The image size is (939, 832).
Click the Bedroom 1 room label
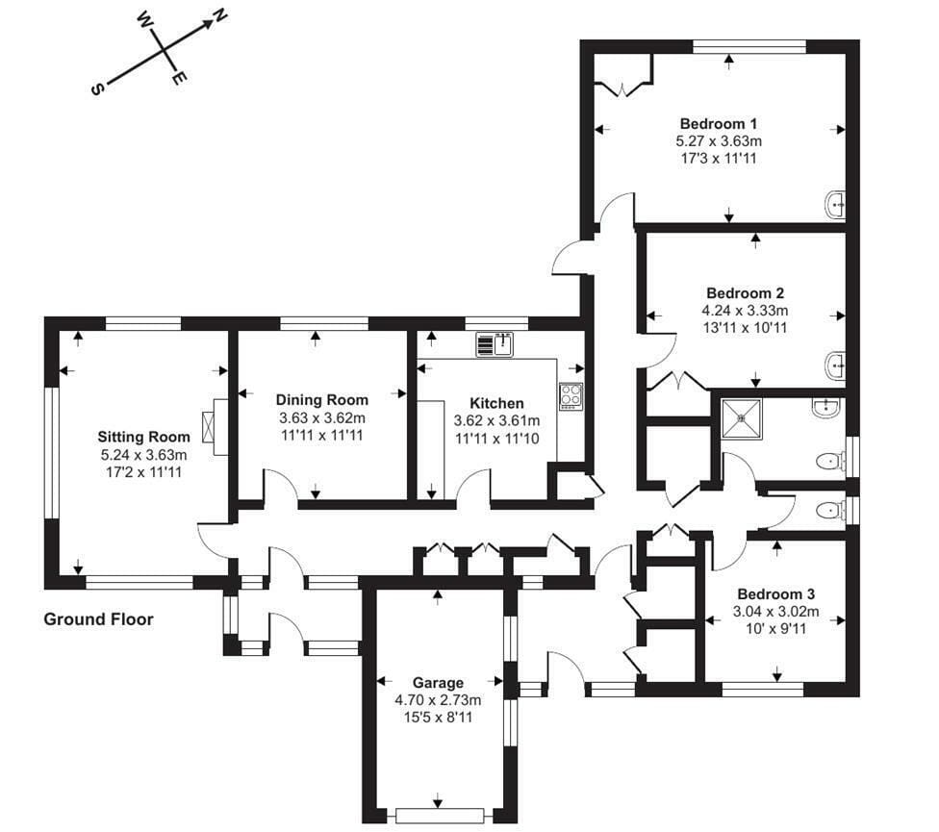(x=718, y=124)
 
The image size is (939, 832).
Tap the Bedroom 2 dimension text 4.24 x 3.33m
(x=745, y=311)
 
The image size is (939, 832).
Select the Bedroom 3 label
(x=775, y=594)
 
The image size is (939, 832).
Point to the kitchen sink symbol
(x=495, y=344)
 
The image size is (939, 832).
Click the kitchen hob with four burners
(x=571, y=396)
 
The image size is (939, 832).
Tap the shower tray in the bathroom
(x=742, y=419)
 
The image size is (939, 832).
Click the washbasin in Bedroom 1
(x=835, y=205)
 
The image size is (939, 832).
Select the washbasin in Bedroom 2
(x=835, y=365)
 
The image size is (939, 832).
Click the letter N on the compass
(x=219, y=15)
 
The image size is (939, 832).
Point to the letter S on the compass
(x=96, y=89)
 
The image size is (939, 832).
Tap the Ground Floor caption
(x=99, y=618)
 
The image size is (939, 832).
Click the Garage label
(x=438, y=683)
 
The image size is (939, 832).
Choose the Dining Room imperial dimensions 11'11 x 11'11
(x=322, y=435)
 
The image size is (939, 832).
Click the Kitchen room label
(x=496, y=403)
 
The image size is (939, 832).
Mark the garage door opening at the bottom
(x=440, y=816)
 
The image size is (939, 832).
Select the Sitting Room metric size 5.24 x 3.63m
(x=143, y=455)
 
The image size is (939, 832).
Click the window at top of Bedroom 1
(x=749, y=47)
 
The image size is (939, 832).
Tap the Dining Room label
(x=322, y=400)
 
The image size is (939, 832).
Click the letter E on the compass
(x=179, y=78)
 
